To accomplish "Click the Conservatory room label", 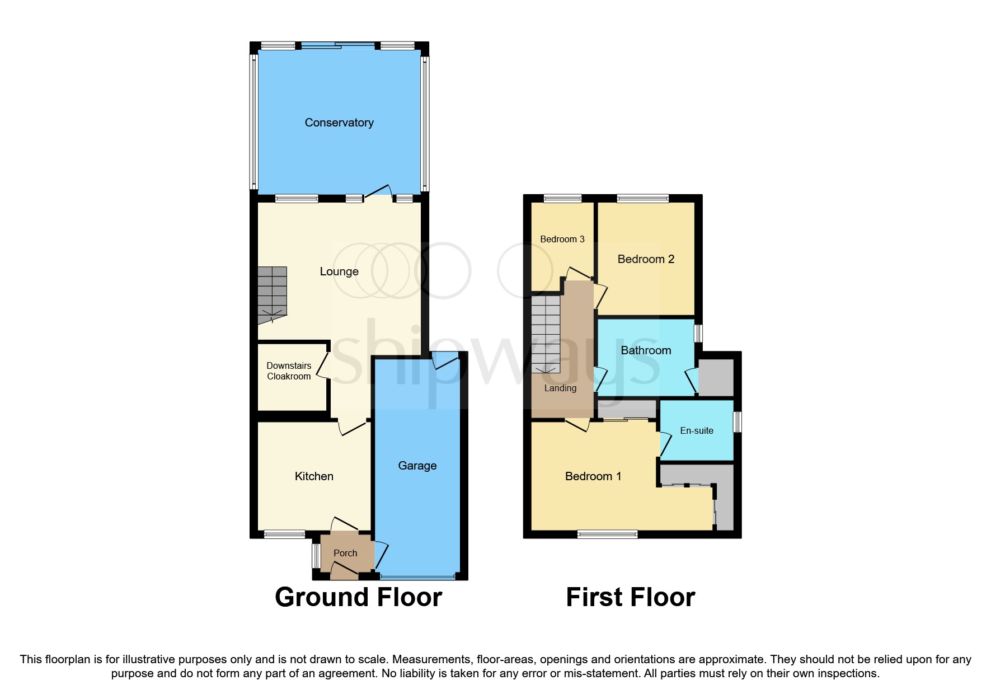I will point(339,123).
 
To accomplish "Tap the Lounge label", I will point(339,271).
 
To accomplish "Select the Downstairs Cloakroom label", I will point(289,371).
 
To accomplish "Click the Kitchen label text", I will point(314,476).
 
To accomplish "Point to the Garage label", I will point(417,466).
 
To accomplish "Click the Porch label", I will point(345,553).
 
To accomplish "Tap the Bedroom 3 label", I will point(562,239).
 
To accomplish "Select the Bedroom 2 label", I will point(646,259).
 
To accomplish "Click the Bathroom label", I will point(646,350).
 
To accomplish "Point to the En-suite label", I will point(697,430).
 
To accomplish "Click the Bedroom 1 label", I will point(593,476).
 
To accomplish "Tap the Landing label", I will point(560,388).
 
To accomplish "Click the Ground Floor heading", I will point(359,597).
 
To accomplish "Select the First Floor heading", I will point(631,597).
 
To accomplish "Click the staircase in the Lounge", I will point(273,294).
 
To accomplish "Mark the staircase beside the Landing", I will point(546,333).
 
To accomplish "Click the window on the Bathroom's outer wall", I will point(698,334).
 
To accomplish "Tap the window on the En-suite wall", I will point(738,422).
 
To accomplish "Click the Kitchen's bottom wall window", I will point(284,534).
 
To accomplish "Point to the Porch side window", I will point(316,556).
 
